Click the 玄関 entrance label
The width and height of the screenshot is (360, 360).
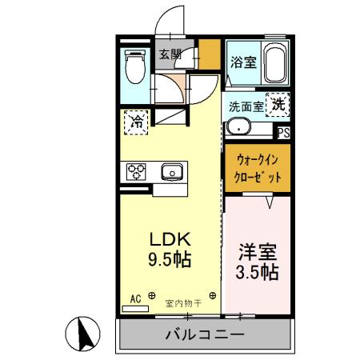169,55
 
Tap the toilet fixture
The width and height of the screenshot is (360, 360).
135,67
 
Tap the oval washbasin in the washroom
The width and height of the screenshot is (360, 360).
238,127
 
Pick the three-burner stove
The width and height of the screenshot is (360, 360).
135,171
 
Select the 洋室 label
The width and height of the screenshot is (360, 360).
257,251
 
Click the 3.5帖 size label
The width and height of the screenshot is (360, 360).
258,272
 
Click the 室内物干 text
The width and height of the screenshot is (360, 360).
183,302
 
